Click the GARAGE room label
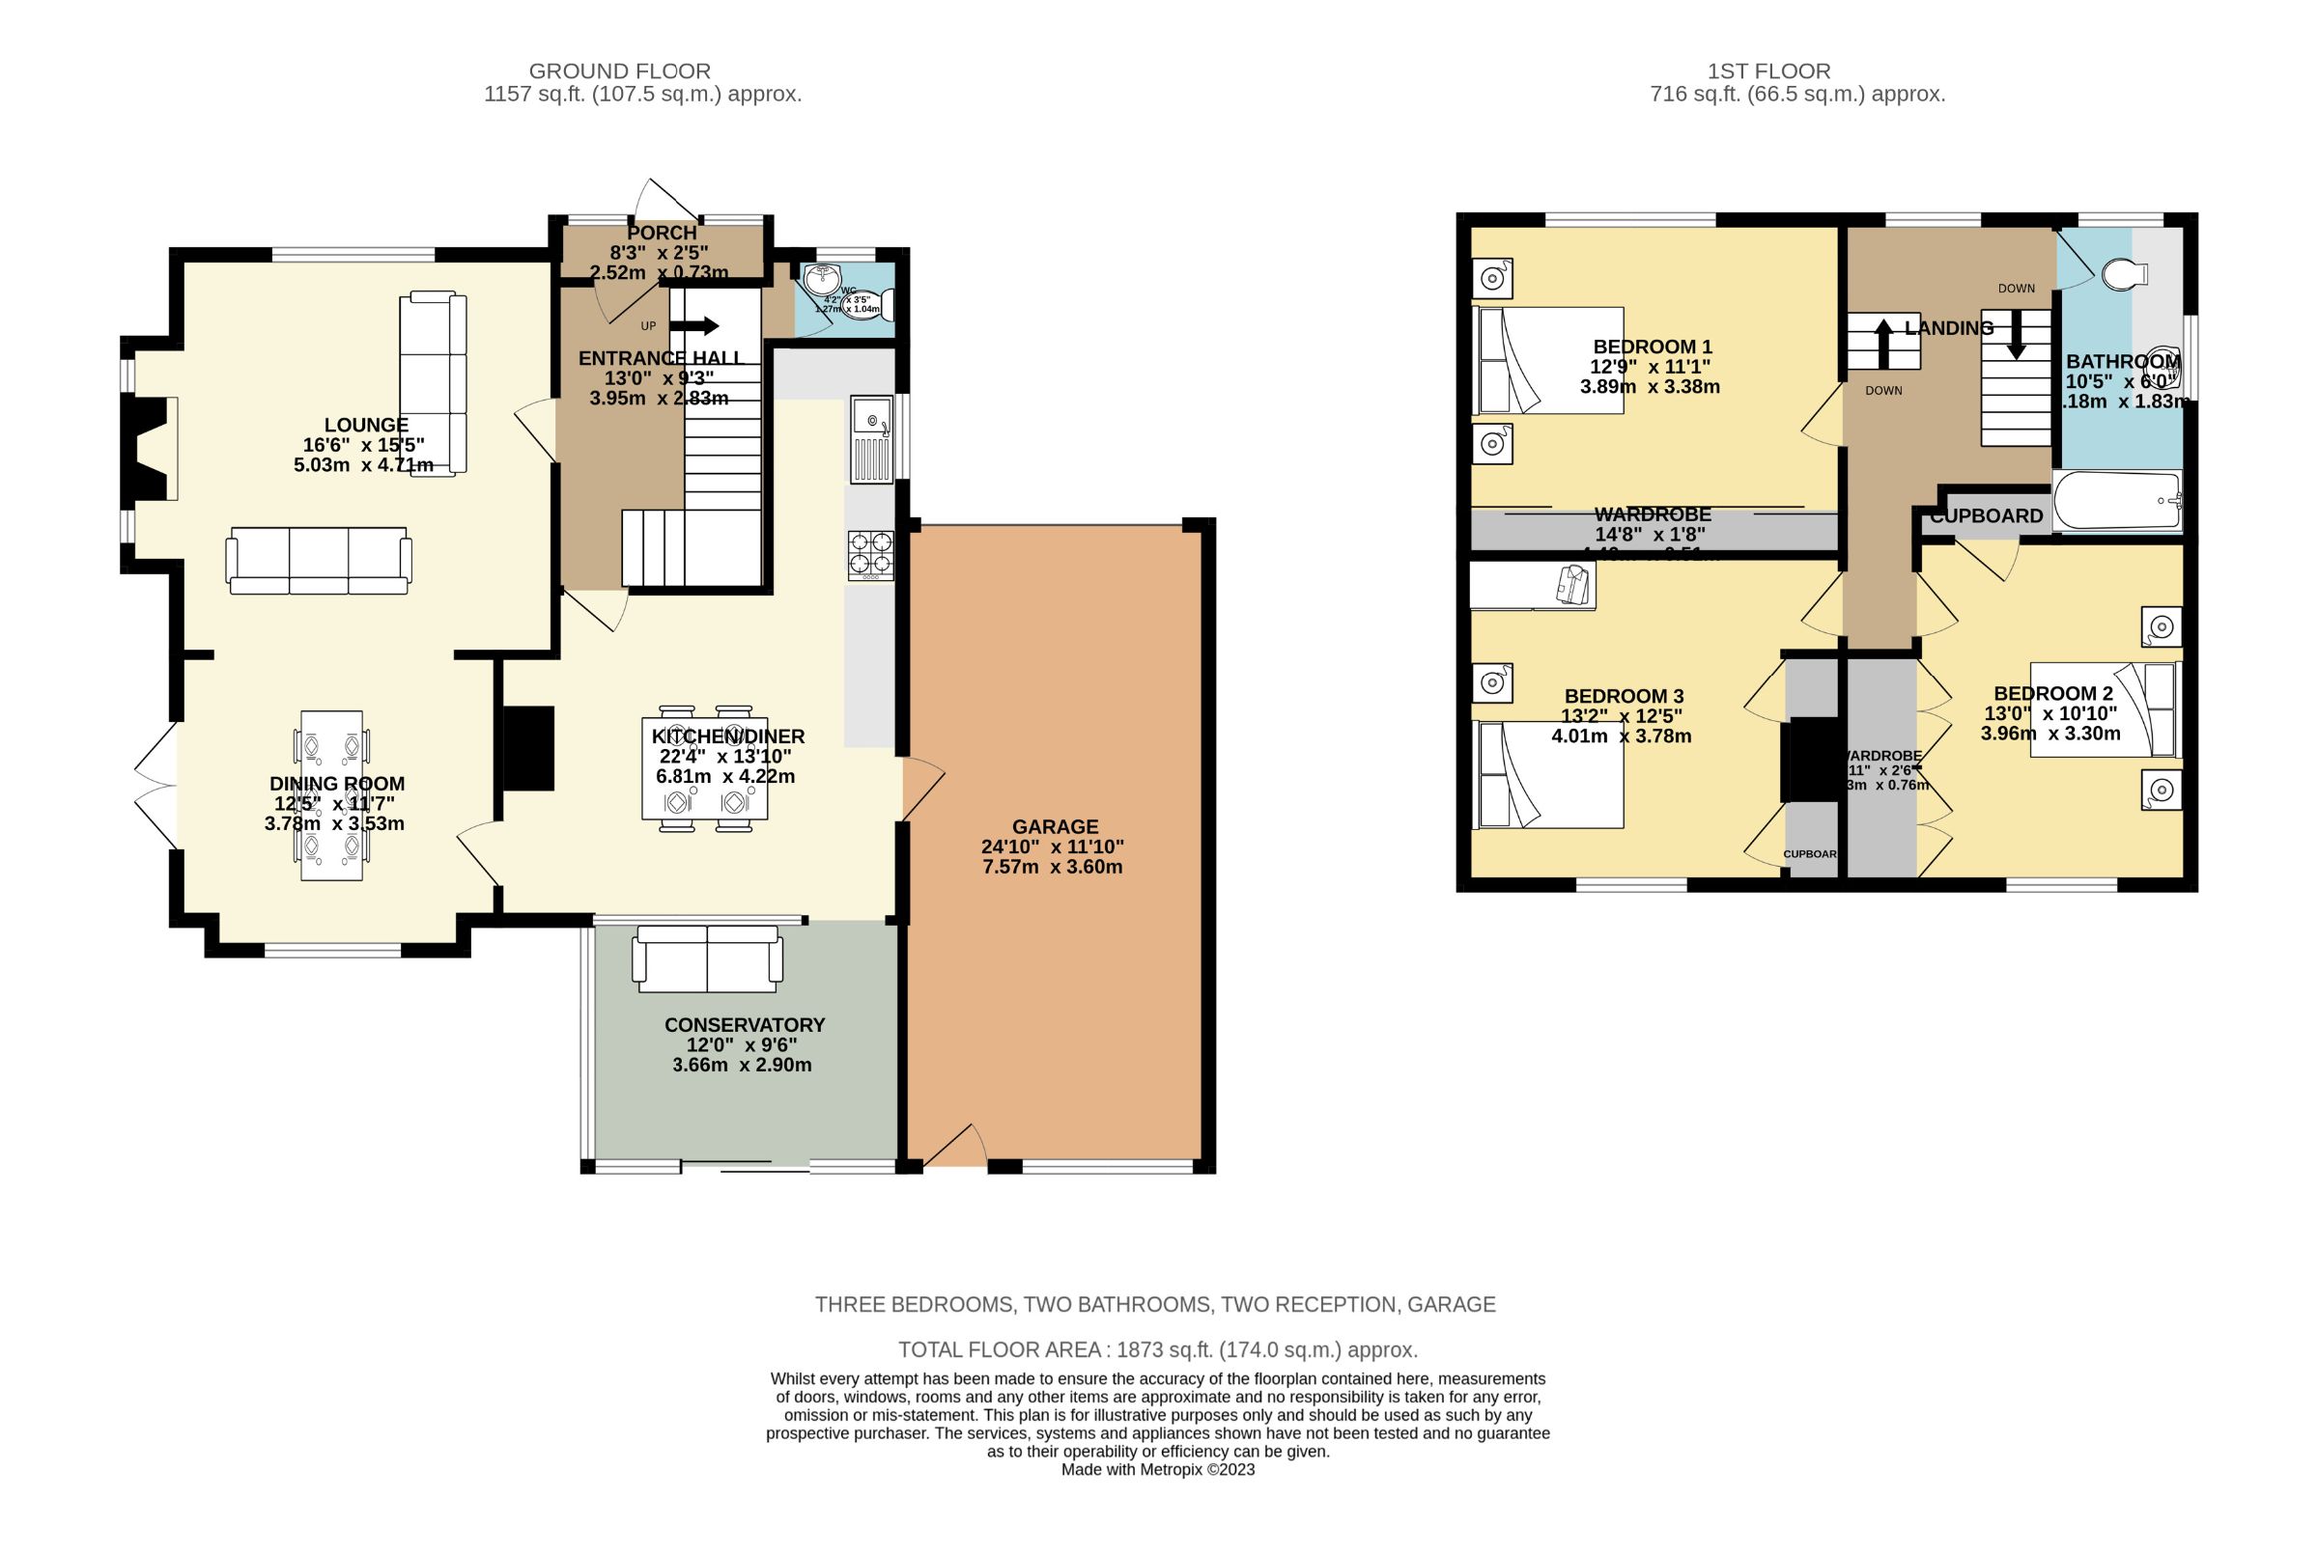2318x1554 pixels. point(1055,826)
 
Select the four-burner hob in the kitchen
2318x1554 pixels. point(870,555)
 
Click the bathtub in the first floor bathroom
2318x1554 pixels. point(2117,502)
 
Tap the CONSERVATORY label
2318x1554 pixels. point(744,1025)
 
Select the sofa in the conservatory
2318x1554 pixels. point(707,958)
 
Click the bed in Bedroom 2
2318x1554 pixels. point(2104,709)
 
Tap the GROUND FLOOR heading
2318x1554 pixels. point(619,71)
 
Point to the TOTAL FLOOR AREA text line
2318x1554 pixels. point(1157,1349)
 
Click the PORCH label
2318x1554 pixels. point(662,233)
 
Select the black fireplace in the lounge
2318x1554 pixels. point(143,448)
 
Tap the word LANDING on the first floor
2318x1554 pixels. point(1948,328)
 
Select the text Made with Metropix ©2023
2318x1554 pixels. point(1157,1470)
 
